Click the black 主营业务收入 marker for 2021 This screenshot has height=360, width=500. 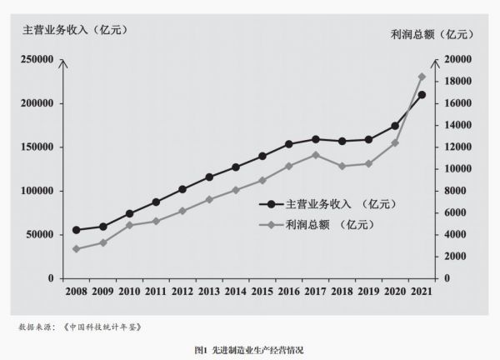tap(422, 95)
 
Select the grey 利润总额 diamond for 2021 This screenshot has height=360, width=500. tap(422, 77)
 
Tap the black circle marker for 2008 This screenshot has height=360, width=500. tap(76, 230)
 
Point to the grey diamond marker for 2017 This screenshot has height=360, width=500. tap(316, 155)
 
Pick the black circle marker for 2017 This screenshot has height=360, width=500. tap(316, 139)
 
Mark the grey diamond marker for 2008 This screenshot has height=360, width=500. tap(76, 249)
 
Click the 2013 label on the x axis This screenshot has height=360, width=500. tap(209, 292)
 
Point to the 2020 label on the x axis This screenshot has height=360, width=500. tap(395, 292)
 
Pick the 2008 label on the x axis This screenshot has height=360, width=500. tap(76, 292)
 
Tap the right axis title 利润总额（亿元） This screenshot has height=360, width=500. tap(431, 34)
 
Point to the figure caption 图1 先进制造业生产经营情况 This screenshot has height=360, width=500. tap(249, 351)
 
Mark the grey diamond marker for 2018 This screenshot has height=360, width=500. tap(342, 167)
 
